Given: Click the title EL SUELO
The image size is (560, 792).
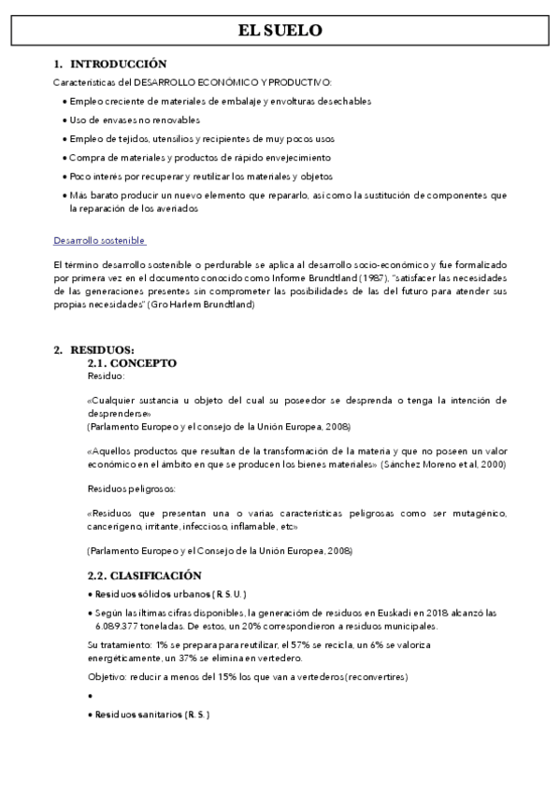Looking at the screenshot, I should [x=280, y=31].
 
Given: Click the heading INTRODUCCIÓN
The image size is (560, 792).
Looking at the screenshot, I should [x=118, y=64].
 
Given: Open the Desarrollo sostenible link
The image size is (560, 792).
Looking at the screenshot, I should [x=99, y=240].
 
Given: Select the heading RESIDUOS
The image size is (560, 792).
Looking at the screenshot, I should [x=102, y=349].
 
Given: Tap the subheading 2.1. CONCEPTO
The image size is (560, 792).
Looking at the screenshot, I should [x=132, y=362].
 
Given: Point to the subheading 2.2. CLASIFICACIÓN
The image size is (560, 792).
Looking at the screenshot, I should [x=144, y=576].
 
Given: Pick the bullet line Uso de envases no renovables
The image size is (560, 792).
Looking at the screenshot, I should [x=135, y=120].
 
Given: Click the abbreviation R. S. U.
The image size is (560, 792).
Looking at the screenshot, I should [x=227, y=594].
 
